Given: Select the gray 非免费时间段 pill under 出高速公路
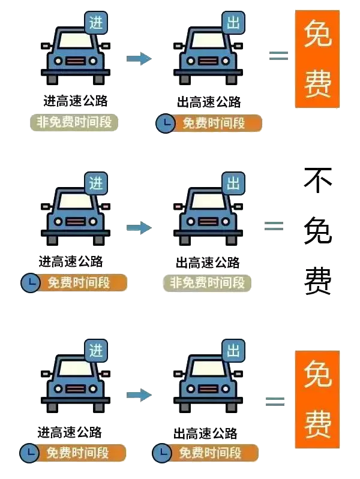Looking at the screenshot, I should click(208, 282).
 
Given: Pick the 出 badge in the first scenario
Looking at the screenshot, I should click(233, 23).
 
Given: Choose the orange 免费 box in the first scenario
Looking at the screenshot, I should click(317, 59).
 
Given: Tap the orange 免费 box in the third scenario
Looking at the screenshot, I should click(317, 399).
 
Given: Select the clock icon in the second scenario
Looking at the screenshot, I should click(30, 283).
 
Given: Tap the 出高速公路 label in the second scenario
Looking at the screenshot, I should click(207, 262).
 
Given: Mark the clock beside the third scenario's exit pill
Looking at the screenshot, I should click(161, 453).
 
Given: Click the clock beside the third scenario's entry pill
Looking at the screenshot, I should click(28, 453).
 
